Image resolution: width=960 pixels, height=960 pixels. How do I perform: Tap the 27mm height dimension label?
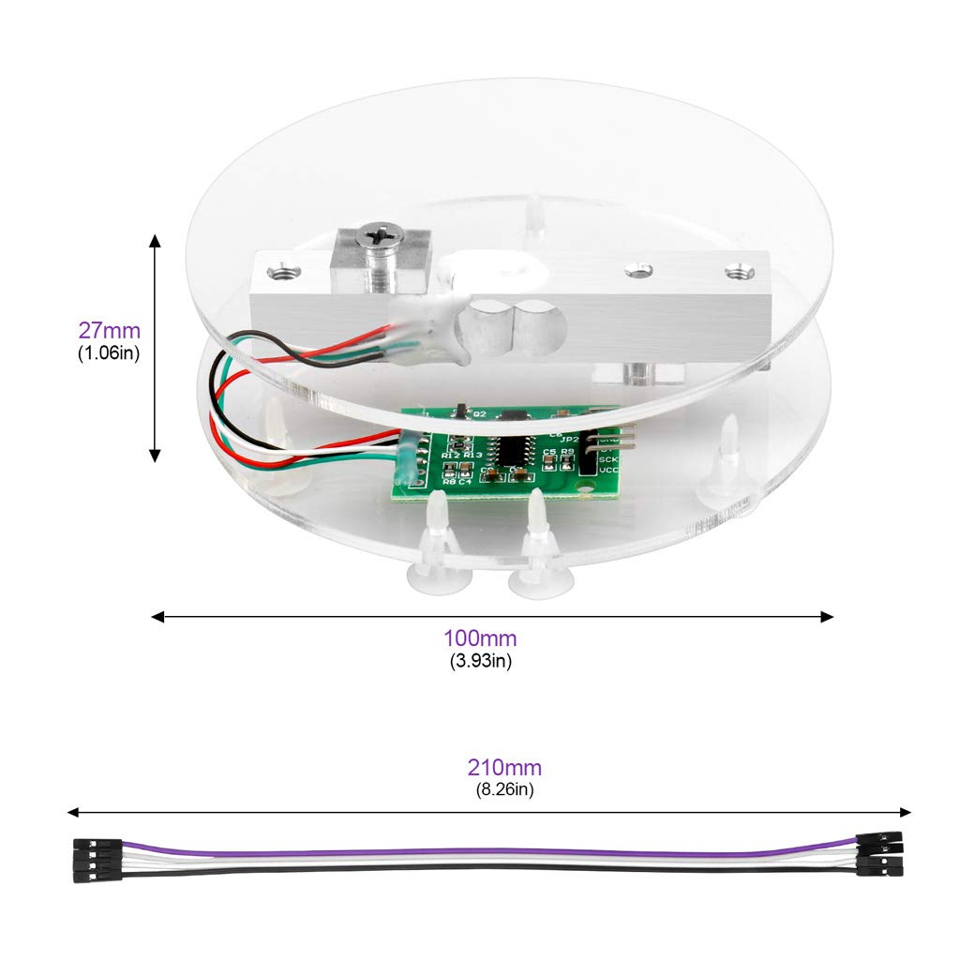click(109, 331)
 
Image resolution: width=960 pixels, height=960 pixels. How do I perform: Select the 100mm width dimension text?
click(480, 638)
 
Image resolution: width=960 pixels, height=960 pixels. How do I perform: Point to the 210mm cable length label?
click(504, 768)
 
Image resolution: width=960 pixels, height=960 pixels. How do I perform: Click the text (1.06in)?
click(109, 353)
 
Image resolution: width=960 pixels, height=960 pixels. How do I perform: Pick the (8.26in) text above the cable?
click(504, 789)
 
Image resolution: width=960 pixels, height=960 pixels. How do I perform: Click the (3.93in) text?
click(480, 660)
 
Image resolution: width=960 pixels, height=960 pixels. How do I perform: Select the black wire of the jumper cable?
click(487, 869)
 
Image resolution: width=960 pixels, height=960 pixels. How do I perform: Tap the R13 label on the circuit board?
click(472, 455)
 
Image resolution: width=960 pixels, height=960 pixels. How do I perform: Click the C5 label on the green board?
click(547, 452)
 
